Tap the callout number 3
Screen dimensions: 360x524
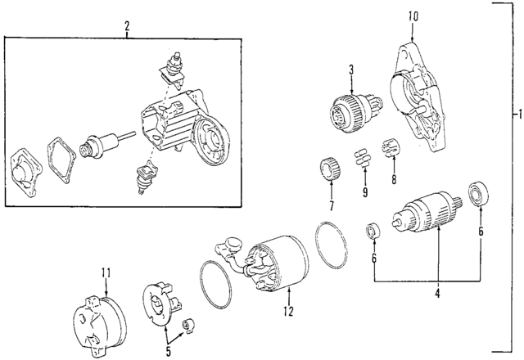coord(350,70)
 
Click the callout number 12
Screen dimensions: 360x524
coord(288,311)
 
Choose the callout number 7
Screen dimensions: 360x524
coord(332,205)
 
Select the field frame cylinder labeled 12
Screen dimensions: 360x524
coord(276,263)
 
